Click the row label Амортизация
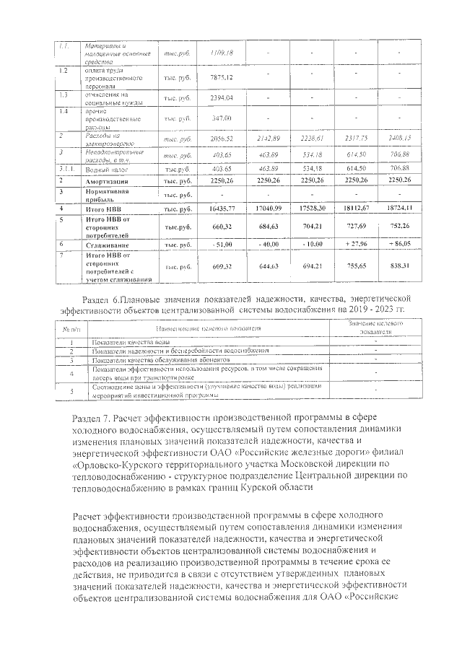tap(109, 180)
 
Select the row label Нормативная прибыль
tap(109, 195)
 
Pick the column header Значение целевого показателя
tap(375, 328)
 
